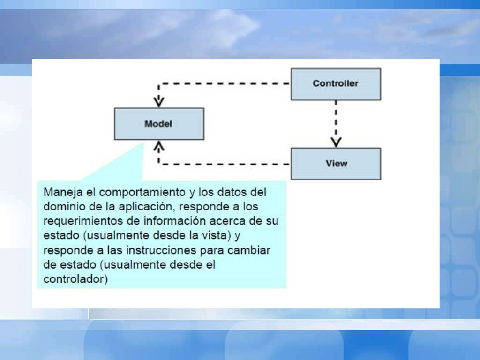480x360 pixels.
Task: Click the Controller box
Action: [x=336, y=84]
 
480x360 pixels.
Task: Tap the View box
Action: [x=336, y=164]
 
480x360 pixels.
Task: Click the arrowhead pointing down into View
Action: [x=336, y=142]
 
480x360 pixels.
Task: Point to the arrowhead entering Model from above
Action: [x=159, y=102]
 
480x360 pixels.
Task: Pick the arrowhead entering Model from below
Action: [x=159, y=147]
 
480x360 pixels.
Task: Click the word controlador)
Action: [x=75, y=279]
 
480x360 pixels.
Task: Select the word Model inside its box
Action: [x=158, y=124]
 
